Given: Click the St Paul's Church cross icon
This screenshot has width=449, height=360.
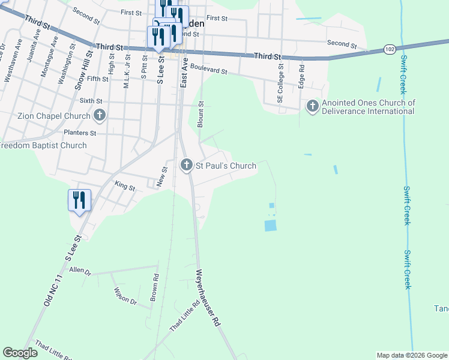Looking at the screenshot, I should coord(187,165).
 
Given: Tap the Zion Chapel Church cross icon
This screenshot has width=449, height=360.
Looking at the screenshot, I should coord(100,115).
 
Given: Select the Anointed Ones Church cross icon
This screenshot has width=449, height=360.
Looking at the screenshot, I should coord(312,106).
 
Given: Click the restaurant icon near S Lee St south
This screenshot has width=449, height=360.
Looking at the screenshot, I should coord(79,200).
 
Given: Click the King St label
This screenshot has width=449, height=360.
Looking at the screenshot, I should coord(125,187).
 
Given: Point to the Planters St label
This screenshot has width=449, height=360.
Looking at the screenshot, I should coord(80,132).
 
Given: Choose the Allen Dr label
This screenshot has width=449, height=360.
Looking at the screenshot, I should coord(80,271).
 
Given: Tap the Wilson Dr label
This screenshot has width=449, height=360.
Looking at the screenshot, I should coord(125,296).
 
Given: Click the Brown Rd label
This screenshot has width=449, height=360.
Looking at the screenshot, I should coord(155,288).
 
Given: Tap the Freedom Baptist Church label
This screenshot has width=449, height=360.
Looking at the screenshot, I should coord(43,145).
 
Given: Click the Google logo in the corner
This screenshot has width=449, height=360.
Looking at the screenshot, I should coord(20,353).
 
